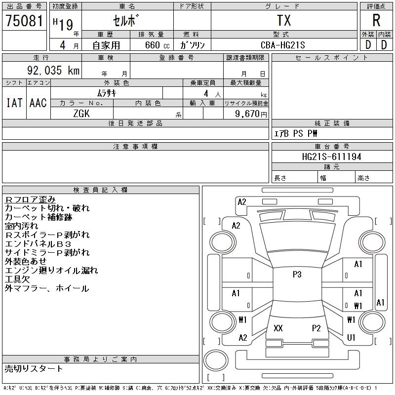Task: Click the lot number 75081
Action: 24,20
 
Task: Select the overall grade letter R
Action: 376,21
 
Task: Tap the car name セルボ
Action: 127,21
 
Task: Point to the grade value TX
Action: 284,21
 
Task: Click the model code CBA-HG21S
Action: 283,45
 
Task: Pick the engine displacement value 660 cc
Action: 151,45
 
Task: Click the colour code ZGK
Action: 81,113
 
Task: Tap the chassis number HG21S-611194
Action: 332,157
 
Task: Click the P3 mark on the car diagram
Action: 297,275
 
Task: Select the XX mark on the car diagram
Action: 278,328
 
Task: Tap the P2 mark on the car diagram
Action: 316,328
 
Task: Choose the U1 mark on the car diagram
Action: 352,338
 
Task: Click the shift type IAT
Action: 14,103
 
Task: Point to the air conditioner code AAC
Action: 38,103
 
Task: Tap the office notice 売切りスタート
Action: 34,368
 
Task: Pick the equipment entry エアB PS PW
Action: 296,133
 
